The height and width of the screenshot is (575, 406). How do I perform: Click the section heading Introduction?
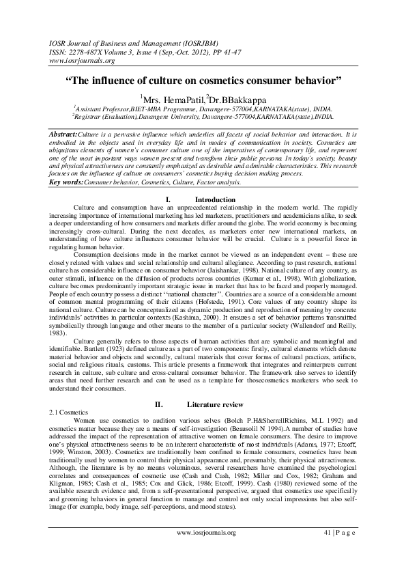click(x=209, y=179)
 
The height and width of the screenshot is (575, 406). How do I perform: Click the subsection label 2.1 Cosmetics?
click(x=63, y=413)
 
